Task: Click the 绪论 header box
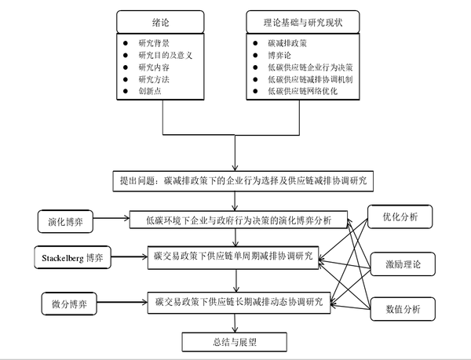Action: pyautogui.click(x=162, y=22)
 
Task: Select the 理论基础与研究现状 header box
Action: pyautogui.click(x=300, y=22)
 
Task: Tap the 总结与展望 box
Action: pyautogui.click(x=234, y=341)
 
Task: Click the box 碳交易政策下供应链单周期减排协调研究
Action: pyautogui.click(x=234, y=256)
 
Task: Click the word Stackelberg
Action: pyautogui.click(x=59, y=256)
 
